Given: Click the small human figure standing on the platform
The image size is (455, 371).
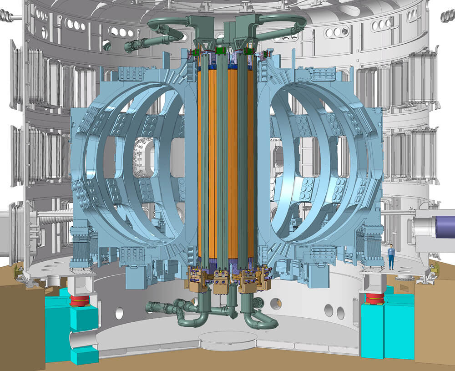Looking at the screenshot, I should [x=391, y=257].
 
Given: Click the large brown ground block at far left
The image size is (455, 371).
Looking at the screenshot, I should [x=18, y=319].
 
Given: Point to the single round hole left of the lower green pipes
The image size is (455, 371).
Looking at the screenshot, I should [x=119, y=313].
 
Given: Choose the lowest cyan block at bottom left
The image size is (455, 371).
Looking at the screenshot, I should [x=84, y=355].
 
